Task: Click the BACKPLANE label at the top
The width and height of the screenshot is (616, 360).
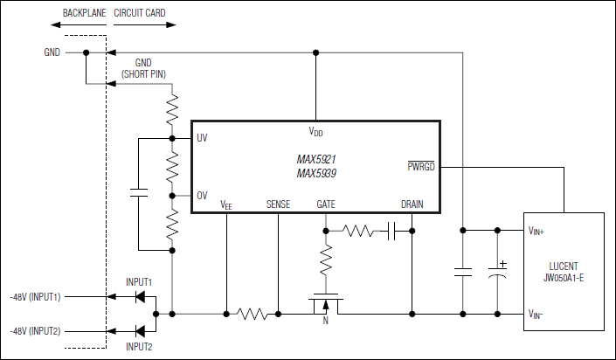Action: click(83, 14)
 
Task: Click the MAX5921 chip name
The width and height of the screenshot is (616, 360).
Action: click(315, 160)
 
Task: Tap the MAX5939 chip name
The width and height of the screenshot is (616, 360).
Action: click(315, 173)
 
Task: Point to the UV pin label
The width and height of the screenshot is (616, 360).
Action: click(202, 138)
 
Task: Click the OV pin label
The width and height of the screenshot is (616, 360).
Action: click(202, 195)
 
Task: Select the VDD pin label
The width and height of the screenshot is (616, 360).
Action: click(315, 131)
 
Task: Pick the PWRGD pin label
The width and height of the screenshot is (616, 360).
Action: click(421, 165)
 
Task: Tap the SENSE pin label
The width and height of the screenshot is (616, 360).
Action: click(279, 204)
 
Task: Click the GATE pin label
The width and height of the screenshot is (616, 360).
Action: click(326, 204)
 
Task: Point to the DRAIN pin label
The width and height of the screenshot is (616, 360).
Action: click(412, 204)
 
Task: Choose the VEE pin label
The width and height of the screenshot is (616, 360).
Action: click(226, 205)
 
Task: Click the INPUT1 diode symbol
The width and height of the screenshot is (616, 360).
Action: click(139, 297)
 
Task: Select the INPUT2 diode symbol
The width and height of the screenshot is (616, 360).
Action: click(139, 330)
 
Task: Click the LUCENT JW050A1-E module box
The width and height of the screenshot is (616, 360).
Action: click(564, 271)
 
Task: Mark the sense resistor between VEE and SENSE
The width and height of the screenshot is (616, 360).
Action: click(253, 313)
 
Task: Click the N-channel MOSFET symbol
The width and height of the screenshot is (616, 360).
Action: click(326, 304)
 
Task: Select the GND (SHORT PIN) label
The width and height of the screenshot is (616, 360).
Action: click(144, 69)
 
